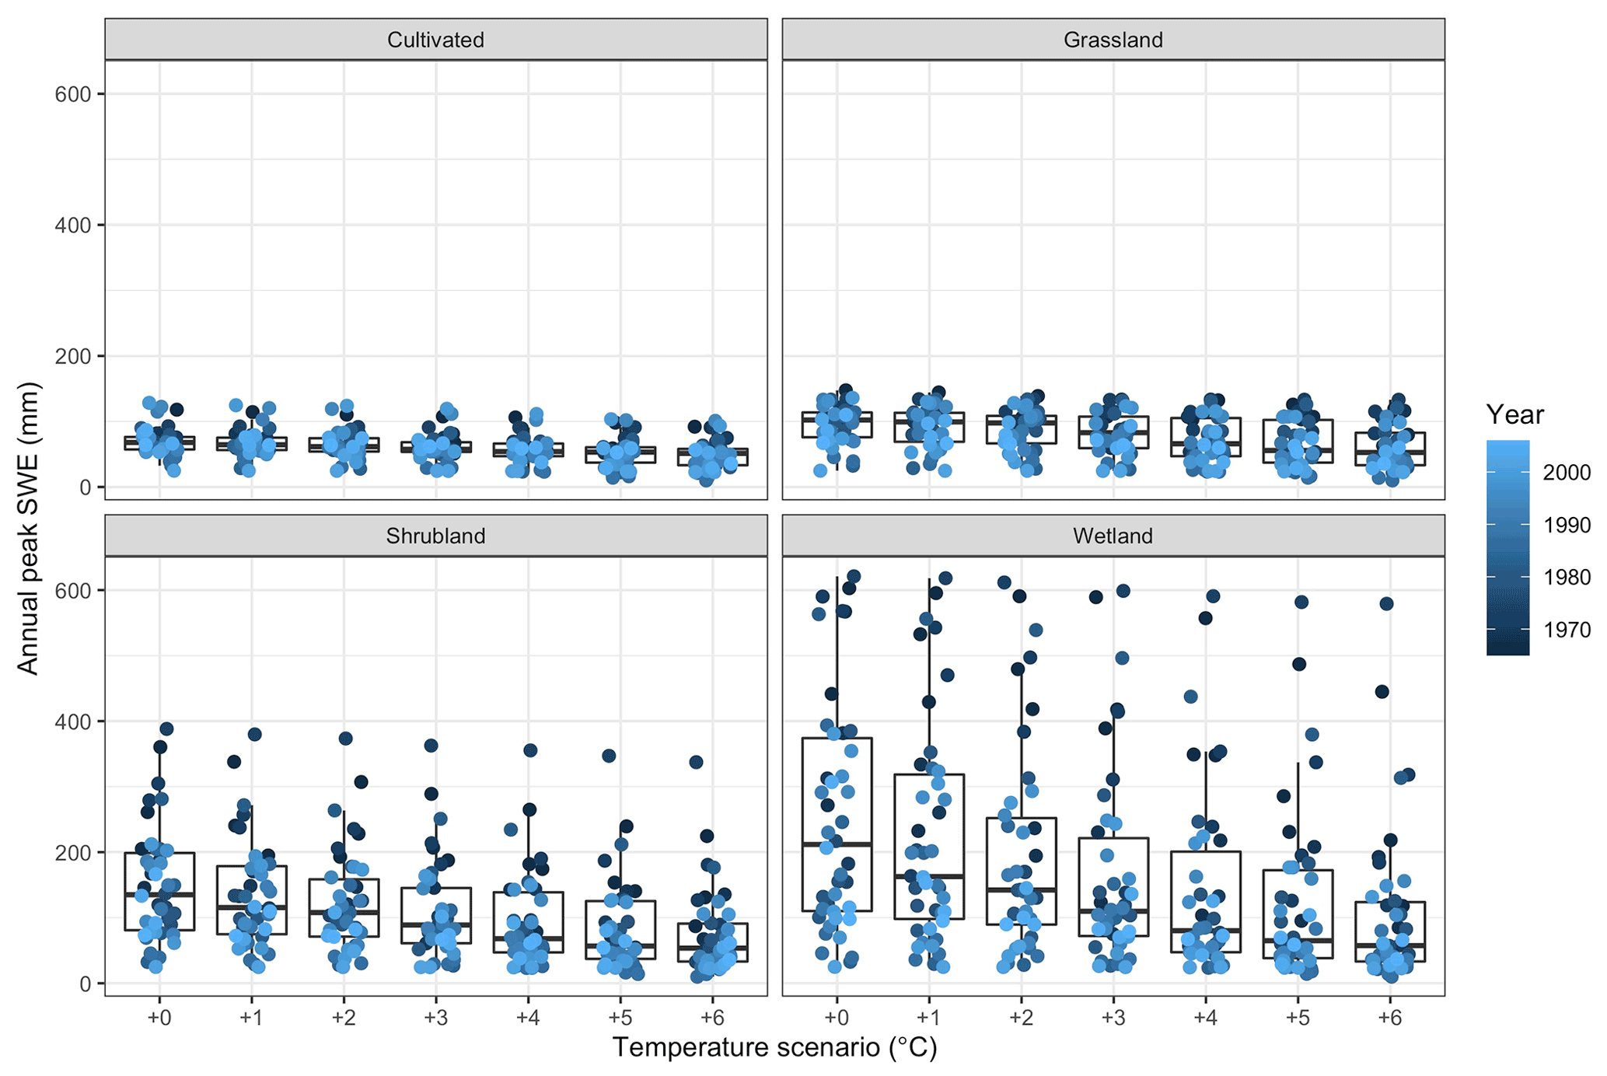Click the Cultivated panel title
pos(435,40)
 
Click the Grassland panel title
pos(1113,40)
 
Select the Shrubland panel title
pos(435,536)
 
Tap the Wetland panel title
pos(1113,536)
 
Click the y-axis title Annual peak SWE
pos(28,528)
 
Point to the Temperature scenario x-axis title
pos(774,1047)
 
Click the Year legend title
pos(1514,414)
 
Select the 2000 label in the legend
pos(1567,472)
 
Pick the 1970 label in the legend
pos(1567,629)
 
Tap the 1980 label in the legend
pos(1567,577)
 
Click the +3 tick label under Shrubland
pos(435,1018)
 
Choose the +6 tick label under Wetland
pos(1389,1018)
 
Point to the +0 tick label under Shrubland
pos(159,1018)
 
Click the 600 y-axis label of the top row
pos(72,94)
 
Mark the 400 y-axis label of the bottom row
pos(72,721)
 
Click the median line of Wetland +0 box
pos(837,844)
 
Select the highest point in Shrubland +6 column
pos(696,762)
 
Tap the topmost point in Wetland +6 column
pos(1386,603)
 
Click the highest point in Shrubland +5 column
pos(610,755)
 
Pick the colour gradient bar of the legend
pos(1507,548)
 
